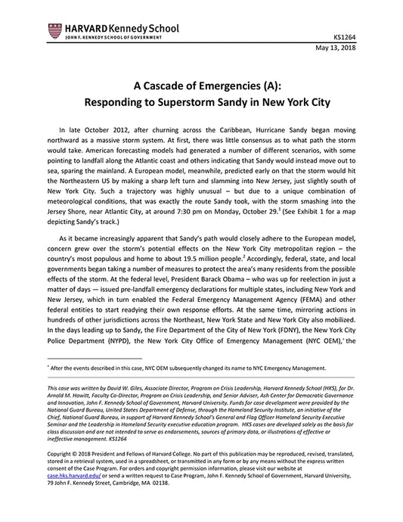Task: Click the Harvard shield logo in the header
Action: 54,30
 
